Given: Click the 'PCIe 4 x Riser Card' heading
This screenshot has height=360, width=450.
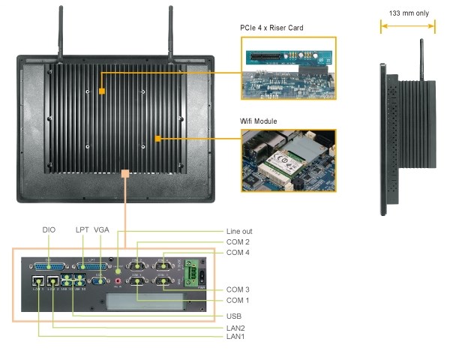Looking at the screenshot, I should tap(271, 28).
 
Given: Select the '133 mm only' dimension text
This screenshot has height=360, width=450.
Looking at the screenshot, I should tap(407, 13).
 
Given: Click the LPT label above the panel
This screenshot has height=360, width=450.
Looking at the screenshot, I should tap(82, 230).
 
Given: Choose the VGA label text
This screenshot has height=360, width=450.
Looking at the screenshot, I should tap(103, 230).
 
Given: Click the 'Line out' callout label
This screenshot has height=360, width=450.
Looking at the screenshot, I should tap(238, 231).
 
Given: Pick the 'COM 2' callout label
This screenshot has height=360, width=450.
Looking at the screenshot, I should tap(238, 242).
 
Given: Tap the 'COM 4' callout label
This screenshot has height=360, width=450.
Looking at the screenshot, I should tap(238, 253).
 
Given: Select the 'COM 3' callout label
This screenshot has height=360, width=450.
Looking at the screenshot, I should tap(238, 289).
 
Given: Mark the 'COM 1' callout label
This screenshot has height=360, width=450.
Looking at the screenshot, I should tap(238, 300).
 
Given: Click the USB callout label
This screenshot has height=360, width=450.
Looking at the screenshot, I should tap(234, 315).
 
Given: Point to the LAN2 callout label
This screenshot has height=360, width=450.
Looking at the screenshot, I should tap(235, 328).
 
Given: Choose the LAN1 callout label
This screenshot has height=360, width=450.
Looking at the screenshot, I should tap(235, 337).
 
